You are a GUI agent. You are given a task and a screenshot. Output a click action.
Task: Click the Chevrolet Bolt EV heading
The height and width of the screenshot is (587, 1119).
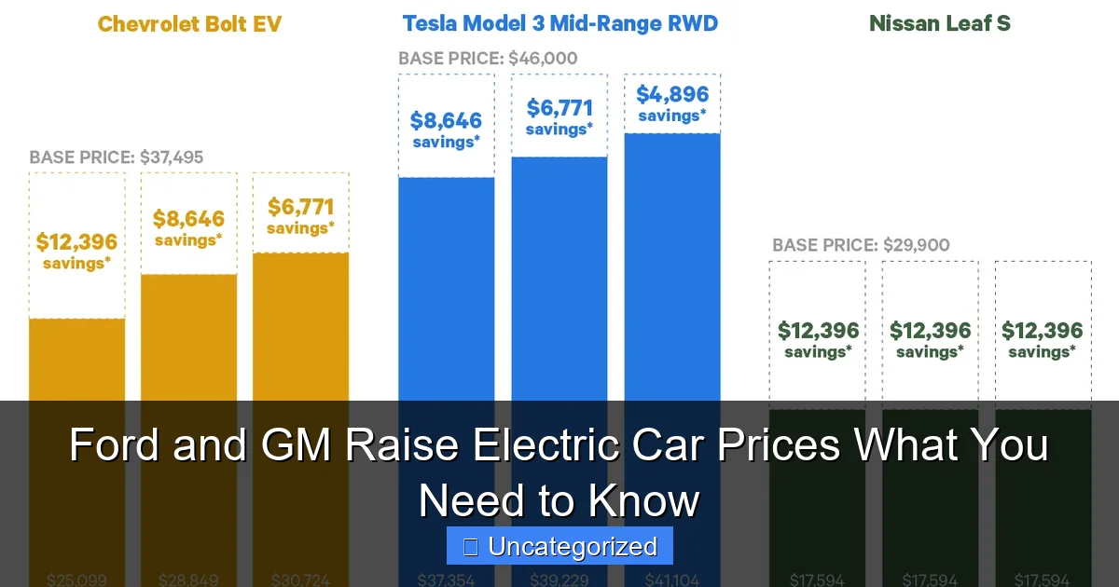189,23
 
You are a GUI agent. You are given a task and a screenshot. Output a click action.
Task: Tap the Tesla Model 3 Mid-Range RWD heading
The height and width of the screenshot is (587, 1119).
560,23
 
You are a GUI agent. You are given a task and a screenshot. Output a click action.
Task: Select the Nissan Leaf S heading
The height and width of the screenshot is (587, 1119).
939,23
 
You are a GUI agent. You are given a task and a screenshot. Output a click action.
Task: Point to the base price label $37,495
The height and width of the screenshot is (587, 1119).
116,157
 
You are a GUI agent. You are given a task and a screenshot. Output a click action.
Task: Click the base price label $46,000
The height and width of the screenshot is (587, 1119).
488,58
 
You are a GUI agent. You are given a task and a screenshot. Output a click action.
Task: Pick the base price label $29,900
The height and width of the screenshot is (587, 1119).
861,245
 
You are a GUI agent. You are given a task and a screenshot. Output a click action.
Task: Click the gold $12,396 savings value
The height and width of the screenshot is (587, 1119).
76,242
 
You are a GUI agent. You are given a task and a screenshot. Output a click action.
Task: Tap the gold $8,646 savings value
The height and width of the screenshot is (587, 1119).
189,219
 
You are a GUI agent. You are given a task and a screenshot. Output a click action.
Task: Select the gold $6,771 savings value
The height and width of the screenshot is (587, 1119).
300,206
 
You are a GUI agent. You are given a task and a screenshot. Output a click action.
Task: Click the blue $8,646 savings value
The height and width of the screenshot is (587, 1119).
447,120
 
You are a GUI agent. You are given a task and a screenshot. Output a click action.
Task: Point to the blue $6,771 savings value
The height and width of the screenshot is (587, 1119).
559,108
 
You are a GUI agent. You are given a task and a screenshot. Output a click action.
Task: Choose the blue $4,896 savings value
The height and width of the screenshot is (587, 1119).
672,94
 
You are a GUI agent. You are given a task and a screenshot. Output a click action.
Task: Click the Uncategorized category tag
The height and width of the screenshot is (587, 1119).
559,547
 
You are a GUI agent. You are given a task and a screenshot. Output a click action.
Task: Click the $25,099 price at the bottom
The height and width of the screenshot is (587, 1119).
76,580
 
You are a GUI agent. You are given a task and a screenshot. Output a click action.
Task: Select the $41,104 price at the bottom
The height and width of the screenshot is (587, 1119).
672,580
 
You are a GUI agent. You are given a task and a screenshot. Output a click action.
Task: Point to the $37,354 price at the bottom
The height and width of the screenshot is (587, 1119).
447,580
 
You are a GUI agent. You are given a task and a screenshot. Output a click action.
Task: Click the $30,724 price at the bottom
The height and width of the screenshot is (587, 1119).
300,580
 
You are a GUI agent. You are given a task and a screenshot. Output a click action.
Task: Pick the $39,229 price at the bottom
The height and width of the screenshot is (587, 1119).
559,580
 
